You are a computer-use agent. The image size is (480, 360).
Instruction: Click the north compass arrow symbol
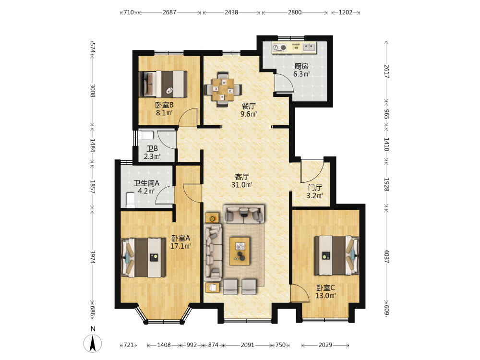point(93,343)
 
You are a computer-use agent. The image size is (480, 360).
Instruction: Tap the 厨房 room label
point(301,66)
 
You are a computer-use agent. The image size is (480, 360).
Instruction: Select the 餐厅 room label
point(249,106)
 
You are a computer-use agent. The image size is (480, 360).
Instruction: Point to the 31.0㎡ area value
point(242,185)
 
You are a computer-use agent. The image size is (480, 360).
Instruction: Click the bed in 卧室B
point(163,84)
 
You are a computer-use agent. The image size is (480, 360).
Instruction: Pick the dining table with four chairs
point(223,89)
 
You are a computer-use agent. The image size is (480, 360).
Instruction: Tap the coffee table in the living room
point(240,251)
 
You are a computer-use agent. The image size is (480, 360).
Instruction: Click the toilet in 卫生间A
point(131,200)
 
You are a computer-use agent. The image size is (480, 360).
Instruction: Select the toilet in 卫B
point(145,135)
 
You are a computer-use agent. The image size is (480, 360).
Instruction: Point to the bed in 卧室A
point(143,258)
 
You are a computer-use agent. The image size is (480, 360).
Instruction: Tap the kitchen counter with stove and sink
point(294,48)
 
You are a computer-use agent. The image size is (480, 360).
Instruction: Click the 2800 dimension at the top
point(295,12)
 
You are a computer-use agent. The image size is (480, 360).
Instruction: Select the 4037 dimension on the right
point(386,256)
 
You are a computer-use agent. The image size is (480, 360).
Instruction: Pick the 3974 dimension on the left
point(93,257)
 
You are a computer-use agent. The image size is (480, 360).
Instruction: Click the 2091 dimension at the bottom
point(247,345)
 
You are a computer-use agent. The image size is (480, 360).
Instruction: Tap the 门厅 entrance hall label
point(315,188)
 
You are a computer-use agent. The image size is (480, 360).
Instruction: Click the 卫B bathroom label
point(152,149)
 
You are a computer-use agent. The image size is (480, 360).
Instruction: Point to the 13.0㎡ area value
point(326,296)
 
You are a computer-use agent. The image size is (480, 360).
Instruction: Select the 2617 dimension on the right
point(386,71)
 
